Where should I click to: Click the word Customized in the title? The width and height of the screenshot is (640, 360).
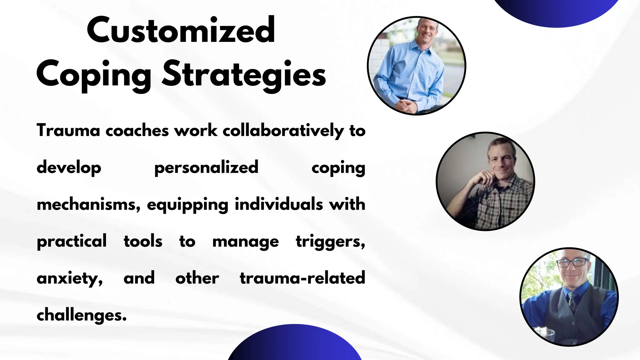click(x=181, y=30)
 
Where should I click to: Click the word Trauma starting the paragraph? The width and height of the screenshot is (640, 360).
click(x=68, y=130)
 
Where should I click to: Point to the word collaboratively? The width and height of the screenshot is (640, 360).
click(x=283, y=131)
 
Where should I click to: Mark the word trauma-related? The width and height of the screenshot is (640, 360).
click(x=302, y=278)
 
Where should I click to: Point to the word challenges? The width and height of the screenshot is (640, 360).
click(x=82, y=315)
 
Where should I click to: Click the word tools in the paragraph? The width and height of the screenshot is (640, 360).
click(x=143, y=241)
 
